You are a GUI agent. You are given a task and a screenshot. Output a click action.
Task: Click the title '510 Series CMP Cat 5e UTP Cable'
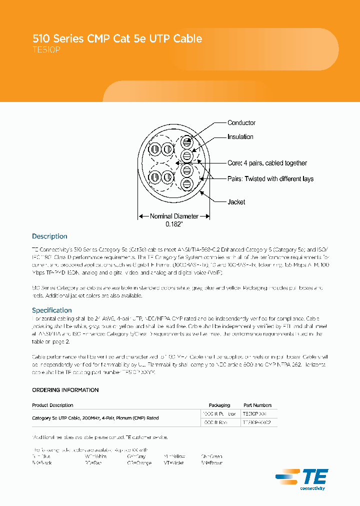(x=117, y=38)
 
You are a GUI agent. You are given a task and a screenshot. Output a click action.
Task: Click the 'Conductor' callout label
(x=241, y=123)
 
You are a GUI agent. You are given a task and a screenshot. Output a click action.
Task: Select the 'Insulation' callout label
(x=240, y=137)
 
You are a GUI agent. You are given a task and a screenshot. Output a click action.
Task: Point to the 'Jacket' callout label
(x=236, y=202)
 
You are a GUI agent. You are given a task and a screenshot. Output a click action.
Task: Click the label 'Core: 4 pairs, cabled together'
(x=267, y=163)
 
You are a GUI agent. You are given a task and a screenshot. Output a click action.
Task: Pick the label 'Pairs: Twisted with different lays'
(x=270, y=179)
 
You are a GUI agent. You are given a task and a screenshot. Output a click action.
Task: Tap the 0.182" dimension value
(x=174, y=225)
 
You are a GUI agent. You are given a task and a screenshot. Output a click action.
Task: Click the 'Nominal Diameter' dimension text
(x=174, y=216)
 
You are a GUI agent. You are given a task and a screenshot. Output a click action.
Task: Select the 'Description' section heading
(x=49, y=236)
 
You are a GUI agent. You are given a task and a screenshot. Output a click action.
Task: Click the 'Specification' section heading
(x=52, y=310)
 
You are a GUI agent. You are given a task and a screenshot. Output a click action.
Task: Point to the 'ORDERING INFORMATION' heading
(x=65, y=390)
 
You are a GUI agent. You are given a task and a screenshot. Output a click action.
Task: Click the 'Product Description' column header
(x=52, y=405)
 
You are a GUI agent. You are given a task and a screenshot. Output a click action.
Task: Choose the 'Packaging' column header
(x=219, y=405)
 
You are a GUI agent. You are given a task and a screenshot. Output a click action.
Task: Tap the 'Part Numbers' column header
(x=257, y=405)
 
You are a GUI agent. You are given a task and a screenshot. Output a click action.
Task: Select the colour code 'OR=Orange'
(x=139, y=463)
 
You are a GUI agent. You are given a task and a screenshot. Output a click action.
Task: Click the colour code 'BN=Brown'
(x=211, y=463)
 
